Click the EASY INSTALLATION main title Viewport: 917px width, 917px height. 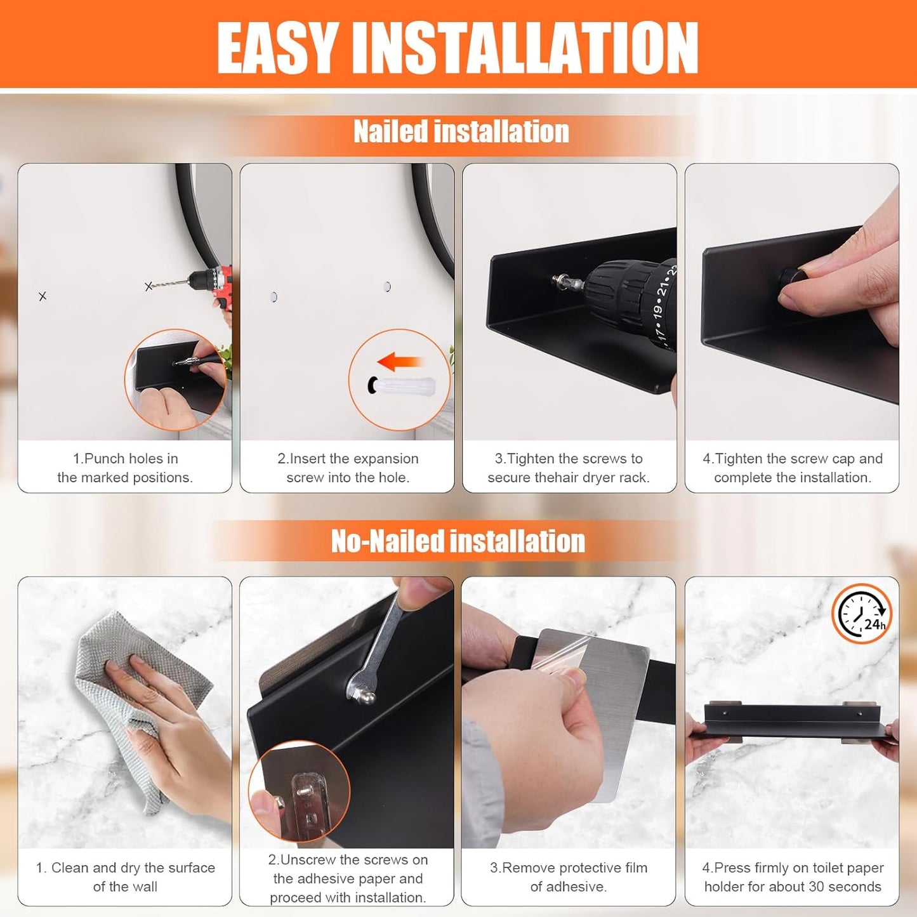(x=458, y=48)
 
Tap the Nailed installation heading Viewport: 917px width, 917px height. (x=461, y=132)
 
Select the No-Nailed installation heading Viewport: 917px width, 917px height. (x=458, y=541)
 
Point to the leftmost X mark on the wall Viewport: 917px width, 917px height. (x=43, y=296)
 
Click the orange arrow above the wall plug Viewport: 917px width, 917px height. (x=399, y=362)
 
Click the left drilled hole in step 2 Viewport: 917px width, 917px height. (x=274, y=296)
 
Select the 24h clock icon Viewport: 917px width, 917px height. (x=861, y=614)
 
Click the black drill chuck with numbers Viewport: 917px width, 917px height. (x=635, y=305)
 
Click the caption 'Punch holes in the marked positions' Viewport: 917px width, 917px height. (x=125, y=468)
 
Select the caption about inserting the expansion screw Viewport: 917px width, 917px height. (x=348, y=468)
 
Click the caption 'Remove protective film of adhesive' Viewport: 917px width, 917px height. (x=569, y=877)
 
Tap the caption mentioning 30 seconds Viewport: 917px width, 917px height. (x=793, y=877)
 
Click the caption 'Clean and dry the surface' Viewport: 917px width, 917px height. (x=125, y=877)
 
